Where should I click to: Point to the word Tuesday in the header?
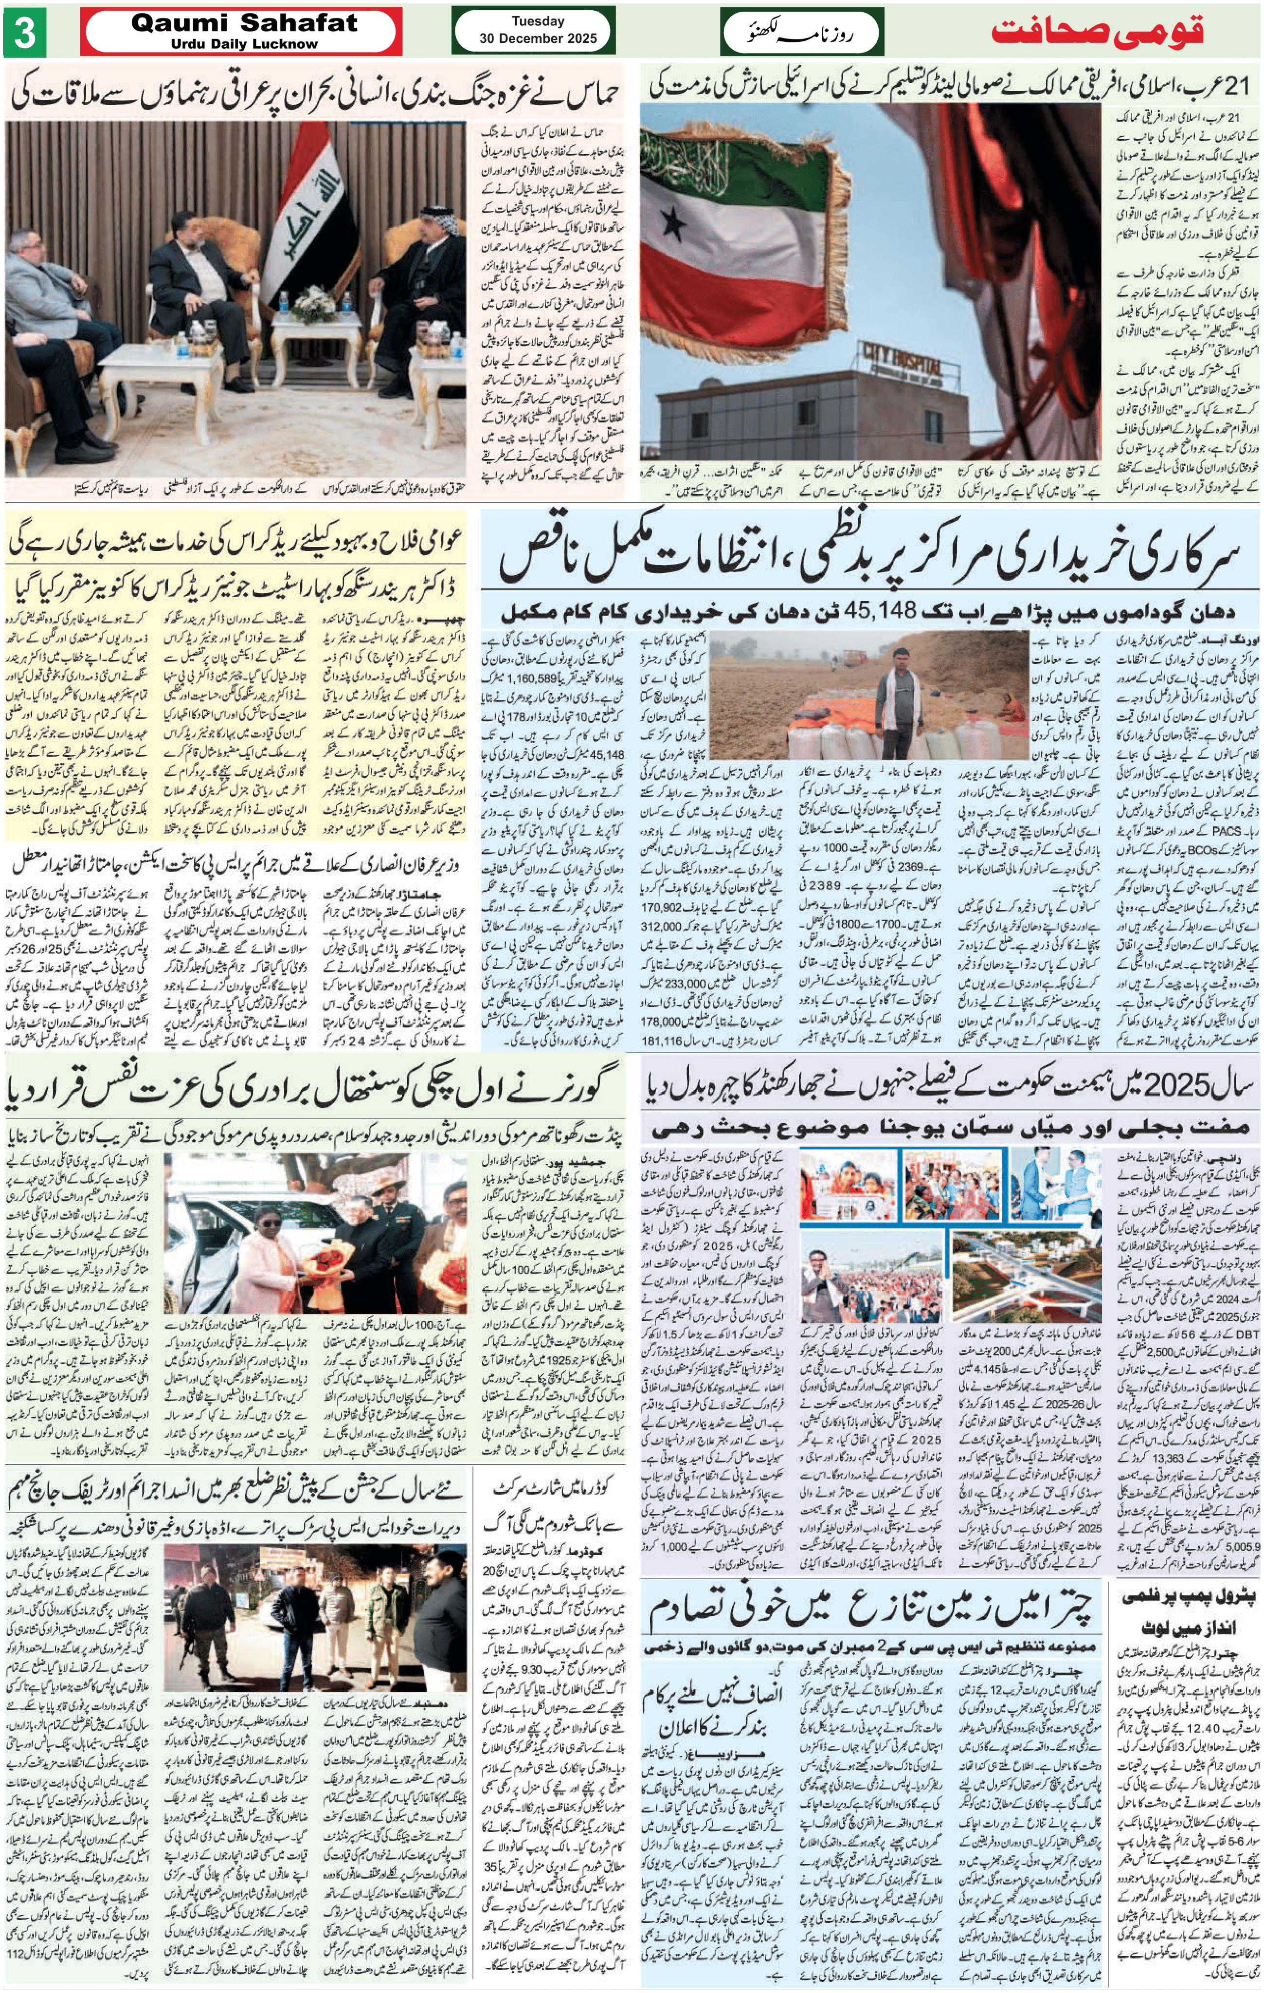click(x=538, y=21)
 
